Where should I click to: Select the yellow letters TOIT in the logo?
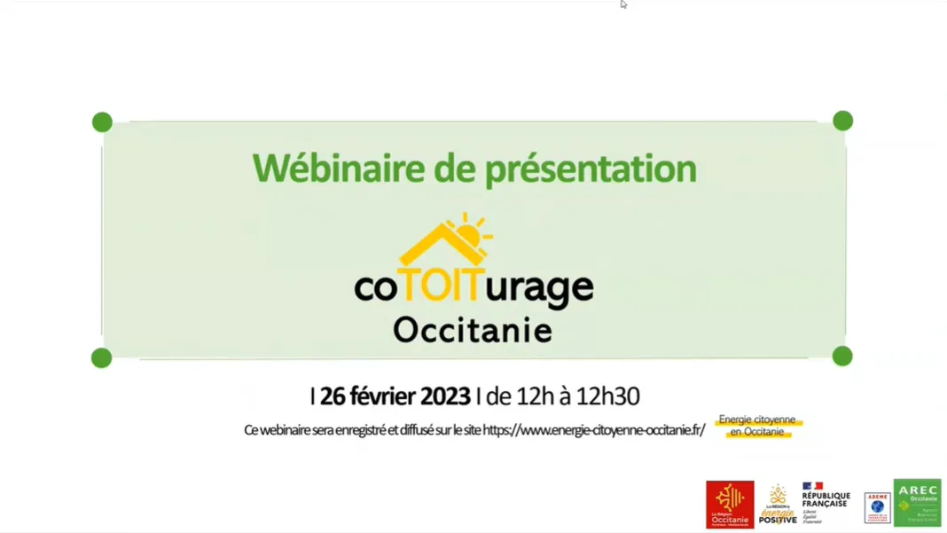coord(441,286)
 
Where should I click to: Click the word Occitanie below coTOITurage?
coord(473,330)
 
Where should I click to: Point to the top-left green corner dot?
coord(102,122)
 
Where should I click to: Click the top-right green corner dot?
coord(842,121)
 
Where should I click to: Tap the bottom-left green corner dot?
coord(102,357)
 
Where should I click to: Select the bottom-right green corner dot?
coord(842,357)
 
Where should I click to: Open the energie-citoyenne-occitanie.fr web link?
coord(594,430)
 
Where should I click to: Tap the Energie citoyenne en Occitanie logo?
coord(757,426)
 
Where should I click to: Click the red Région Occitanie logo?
coord(730,504)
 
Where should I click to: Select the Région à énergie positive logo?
coord(778,504)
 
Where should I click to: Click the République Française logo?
coord(826,502)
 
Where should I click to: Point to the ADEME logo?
coord(877,507)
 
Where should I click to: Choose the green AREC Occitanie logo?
coord(917,502)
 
